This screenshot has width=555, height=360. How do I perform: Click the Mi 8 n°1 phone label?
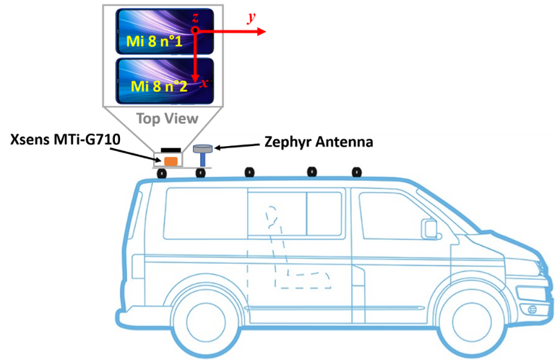click(156, 41)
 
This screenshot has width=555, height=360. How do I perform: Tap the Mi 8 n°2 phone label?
click(158, 86)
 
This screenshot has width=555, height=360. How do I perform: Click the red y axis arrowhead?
click(264, 31)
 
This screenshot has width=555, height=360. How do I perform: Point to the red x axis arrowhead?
click(196, 79)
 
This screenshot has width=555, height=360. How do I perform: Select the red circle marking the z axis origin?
click(195, 31)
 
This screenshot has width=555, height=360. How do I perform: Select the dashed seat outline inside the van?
click(296, 253)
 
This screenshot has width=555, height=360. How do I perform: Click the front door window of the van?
click(394, 217)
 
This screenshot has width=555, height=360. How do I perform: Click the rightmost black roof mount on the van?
click(356, 172)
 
